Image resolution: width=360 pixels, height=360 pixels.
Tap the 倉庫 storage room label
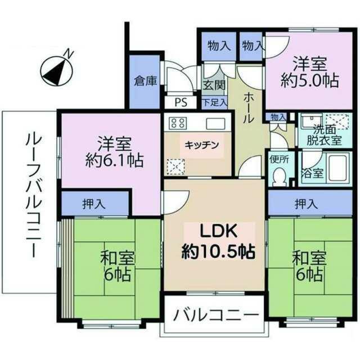145,81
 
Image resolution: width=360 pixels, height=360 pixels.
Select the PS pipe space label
181,102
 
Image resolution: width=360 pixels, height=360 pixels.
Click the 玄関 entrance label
214,85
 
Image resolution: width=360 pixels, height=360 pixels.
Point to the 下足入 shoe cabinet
214,102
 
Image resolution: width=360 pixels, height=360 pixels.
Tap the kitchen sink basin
215,124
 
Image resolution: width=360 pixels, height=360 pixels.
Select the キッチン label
201,145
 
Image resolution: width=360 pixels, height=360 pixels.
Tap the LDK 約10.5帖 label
218,242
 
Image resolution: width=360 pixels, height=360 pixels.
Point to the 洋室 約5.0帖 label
310,73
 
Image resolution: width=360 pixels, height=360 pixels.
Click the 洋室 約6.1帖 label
114,152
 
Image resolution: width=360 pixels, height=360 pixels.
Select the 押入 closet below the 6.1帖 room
94,204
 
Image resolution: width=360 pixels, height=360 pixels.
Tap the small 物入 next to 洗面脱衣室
276,117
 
